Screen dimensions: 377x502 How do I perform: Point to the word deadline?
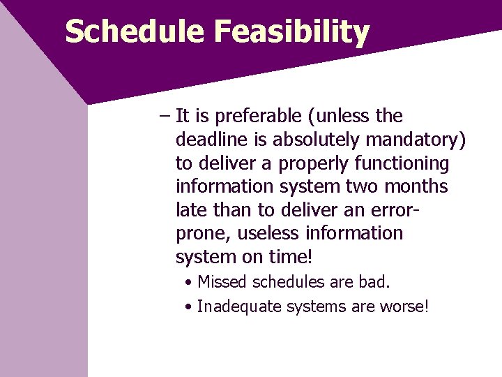click(207, 140)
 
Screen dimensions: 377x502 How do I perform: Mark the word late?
click(189, 210)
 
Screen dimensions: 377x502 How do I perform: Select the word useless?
click(271, 233)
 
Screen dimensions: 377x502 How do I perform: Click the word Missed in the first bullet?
click(220, 283)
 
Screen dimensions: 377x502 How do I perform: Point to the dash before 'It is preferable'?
click(164, 116)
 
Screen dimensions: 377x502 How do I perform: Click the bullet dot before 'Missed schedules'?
click(190, 283)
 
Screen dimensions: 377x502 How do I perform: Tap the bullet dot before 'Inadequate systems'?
click(190, 306)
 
